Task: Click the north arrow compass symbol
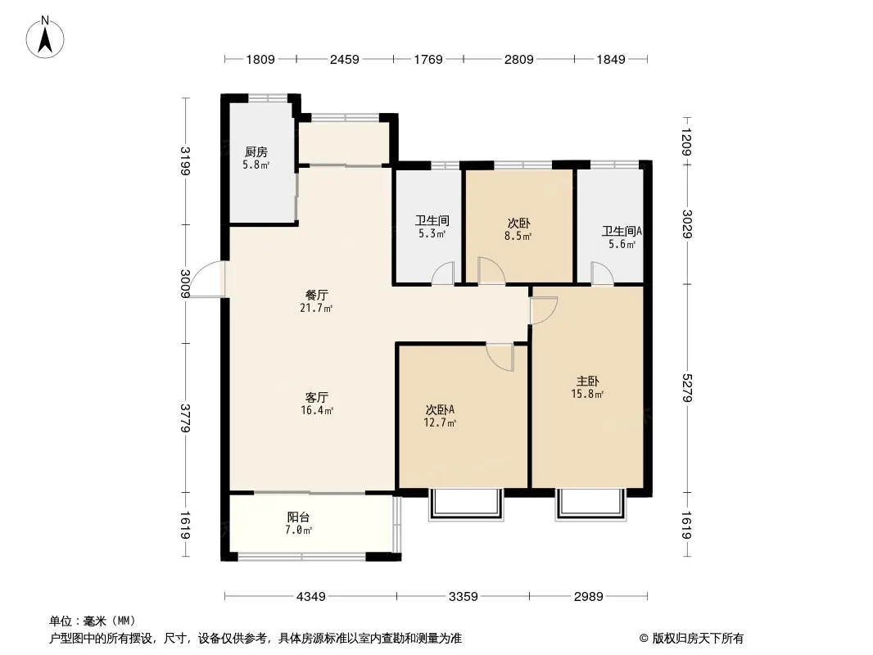(x=45, y=38)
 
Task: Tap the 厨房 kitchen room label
(x=256, y=152)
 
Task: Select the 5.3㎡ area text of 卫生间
(x=432, y=234)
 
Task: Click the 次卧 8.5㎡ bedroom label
(x=518, y=229)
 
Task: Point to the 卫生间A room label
(x=622, y=231)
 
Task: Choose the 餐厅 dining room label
(x=316, y=295)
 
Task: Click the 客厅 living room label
(x=316, y=397)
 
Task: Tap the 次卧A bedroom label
(x=440, y=409)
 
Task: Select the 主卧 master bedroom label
(x=587, y=382)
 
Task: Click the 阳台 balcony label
(x=298, y=517)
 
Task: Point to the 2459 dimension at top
(x=345, y=59)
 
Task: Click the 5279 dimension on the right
(x=687, y=388)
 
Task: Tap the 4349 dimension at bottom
(x=310, y=597)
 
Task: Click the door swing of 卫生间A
(x=602, y=273)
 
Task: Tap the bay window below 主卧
(x=590, y=504)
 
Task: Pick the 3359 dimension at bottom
(x=464, y=597)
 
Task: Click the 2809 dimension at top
(x=519, y=59)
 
